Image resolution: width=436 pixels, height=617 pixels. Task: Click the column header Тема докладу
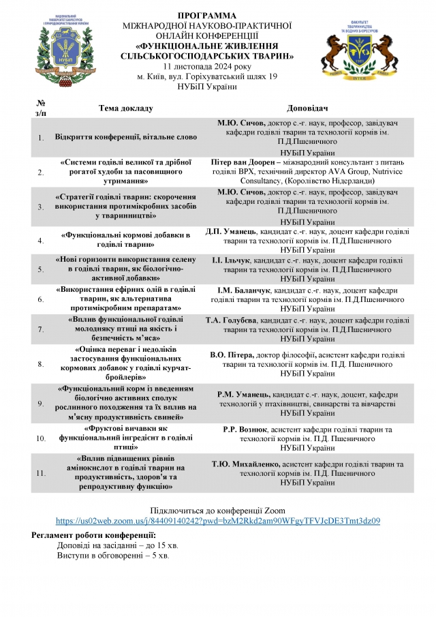point(126,108)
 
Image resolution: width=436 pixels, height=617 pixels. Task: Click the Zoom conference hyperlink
point(217,520)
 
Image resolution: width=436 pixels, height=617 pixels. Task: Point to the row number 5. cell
point(40,269)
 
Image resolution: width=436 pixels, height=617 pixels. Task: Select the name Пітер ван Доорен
point(250,163)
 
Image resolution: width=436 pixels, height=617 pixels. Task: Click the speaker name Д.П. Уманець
point(231,232)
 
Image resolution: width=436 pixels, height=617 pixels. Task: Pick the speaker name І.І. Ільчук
point(232,260)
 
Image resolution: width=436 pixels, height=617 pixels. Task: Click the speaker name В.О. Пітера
point(232,355)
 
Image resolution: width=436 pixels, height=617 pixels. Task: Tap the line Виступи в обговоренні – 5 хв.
point(113,556)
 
